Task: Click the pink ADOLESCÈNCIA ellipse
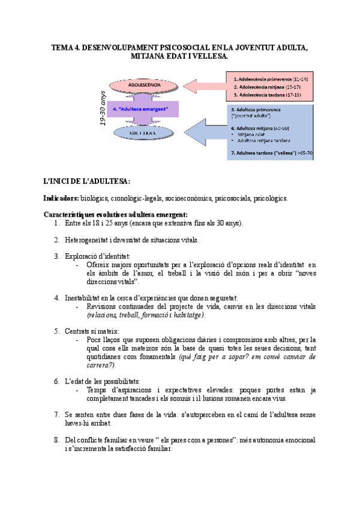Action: click(145, 85)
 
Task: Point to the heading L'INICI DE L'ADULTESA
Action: click(86, 181)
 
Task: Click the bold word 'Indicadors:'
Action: click(61, 197)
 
